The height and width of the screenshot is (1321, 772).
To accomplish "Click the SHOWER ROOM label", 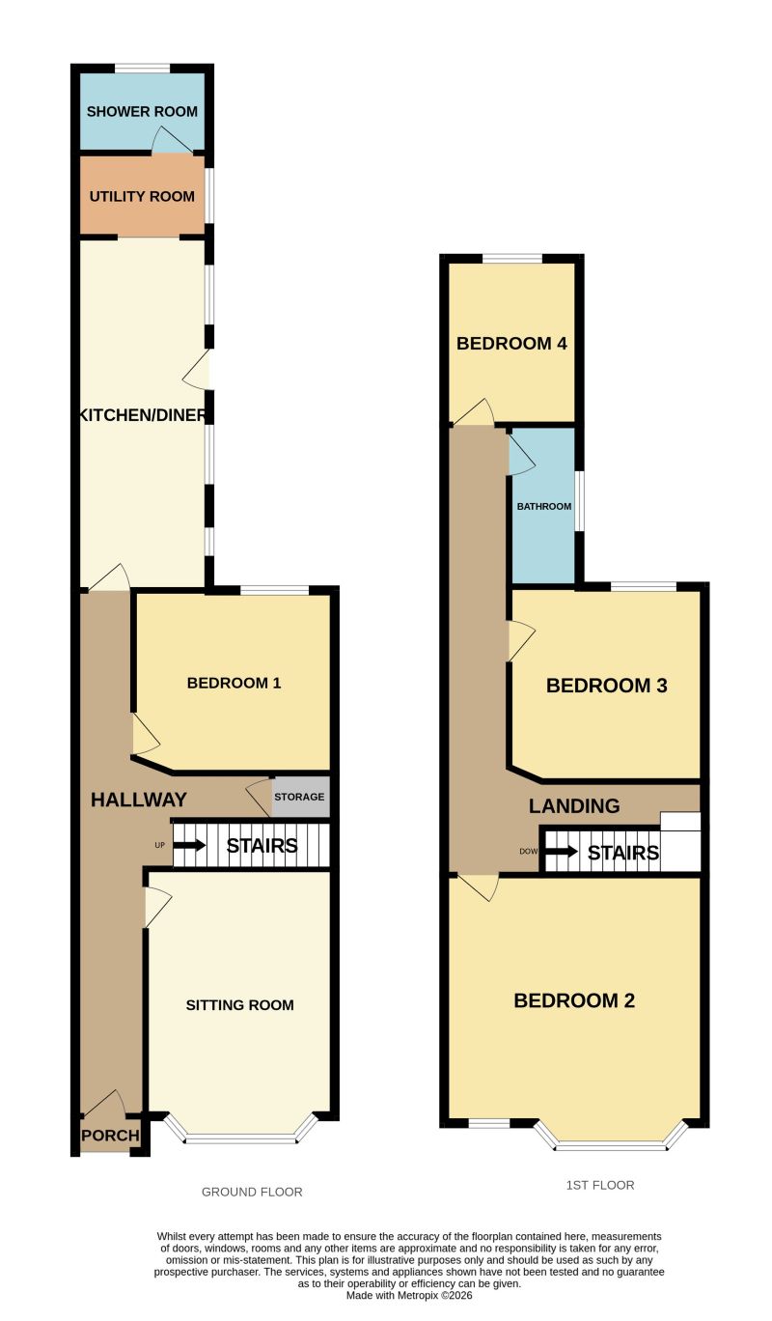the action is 142,111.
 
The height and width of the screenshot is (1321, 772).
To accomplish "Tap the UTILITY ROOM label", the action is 142,196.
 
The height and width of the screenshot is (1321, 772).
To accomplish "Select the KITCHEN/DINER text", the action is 143,415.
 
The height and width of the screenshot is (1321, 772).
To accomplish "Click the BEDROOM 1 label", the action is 234,683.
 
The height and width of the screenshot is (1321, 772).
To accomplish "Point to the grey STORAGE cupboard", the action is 300,797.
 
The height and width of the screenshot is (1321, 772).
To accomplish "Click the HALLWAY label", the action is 139,800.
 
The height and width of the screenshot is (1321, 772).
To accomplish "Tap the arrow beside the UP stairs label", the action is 190,845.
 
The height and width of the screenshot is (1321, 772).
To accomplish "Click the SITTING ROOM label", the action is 240,1005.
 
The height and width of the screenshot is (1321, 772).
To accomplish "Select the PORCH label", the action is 110,1136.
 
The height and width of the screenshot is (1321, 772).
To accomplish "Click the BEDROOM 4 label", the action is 511,343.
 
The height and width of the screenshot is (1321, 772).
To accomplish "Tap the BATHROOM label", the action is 544,507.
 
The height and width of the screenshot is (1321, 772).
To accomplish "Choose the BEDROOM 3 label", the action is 606,686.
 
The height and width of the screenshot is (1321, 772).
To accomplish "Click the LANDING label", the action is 574,805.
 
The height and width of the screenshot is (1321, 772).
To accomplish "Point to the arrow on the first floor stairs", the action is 562,852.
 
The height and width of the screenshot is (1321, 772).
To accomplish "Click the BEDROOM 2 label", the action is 574,1000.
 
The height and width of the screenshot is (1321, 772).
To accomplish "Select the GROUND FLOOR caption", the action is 252,1192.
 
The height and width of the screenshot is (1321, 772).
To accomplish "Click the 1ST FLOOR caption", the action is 600,1185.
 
